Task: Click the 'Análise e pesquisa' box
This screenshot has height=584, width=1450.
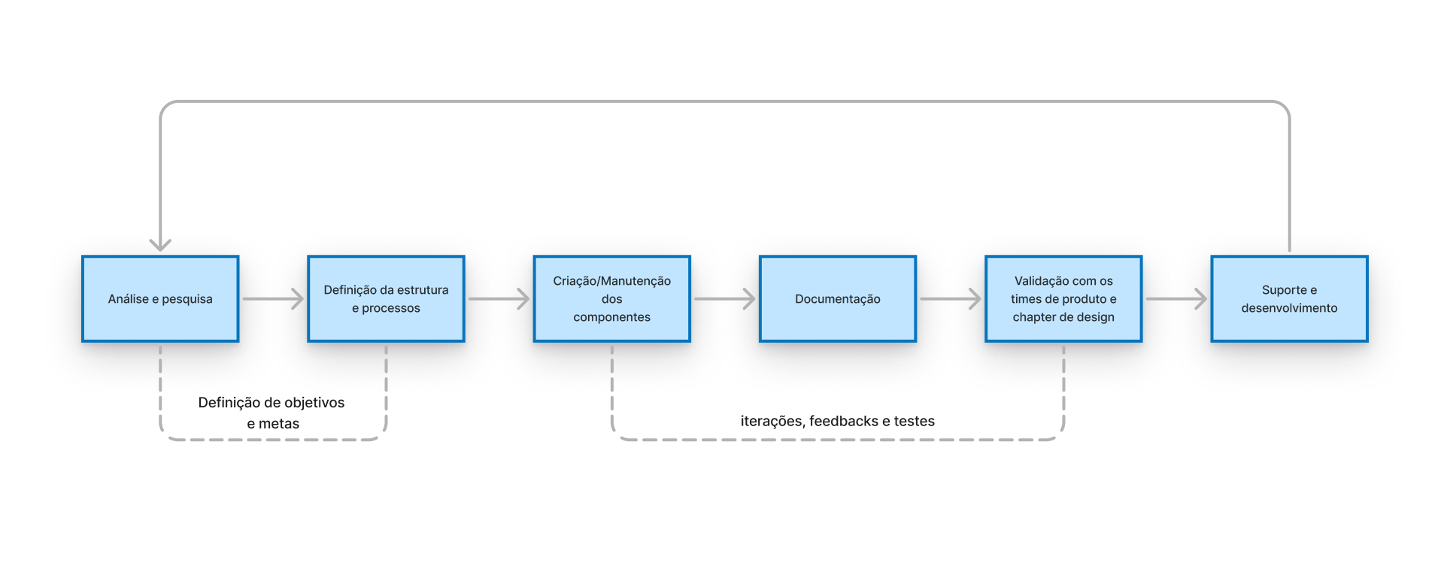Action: [x=160, y=299]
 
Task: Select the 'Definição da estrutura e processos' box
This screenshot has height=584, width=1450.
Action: [x=386, y=299]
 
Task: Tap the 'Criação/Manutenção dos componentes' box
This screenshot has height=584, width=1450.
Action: [x=611, y=299]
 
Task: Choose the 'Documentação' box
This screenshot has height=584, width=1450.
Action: [x=837, y=299]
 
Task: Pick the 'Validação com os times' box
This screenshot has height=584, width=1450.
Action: [x=1063, y=299]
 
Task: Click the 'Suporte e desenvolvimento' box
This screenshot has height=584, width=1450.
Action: [x=1289, y=299]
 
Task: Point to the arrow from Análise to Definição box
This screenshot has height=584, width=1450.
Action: [x=273, y=299]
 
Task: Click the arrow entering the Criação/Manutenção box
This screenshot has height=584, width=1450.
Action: [x=499, y=299]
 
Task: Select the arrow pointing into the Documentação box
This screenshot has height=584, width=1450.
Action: [x=724, y=299]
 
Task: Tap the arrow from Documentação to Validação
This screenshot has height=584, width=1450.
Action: [x=951, y=299]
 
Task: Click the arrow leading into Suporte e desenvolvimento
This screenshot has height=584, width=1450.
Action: [x=1176, y=299]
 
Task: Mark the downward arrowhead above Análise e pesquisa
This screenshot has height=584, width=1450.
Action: [x=160, y=244]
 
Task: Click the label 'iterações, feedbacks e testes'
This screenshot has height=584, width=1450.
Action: [x=837, y=422]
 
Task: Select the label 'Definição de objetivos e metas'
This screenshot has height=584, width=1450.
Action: [x=271, y=413]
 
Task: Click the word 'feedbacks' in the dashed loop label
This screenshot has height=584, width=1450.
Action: [x=844, y=422]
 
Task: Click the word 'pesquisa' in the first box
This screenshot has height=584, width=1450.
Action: [x=187, y=299]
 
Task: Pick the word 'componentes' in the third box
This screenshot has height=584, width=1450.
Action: [x=611, y=317]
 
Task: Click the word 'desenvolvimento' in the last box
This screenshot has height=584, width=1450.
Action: [x=1289, y=308]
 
